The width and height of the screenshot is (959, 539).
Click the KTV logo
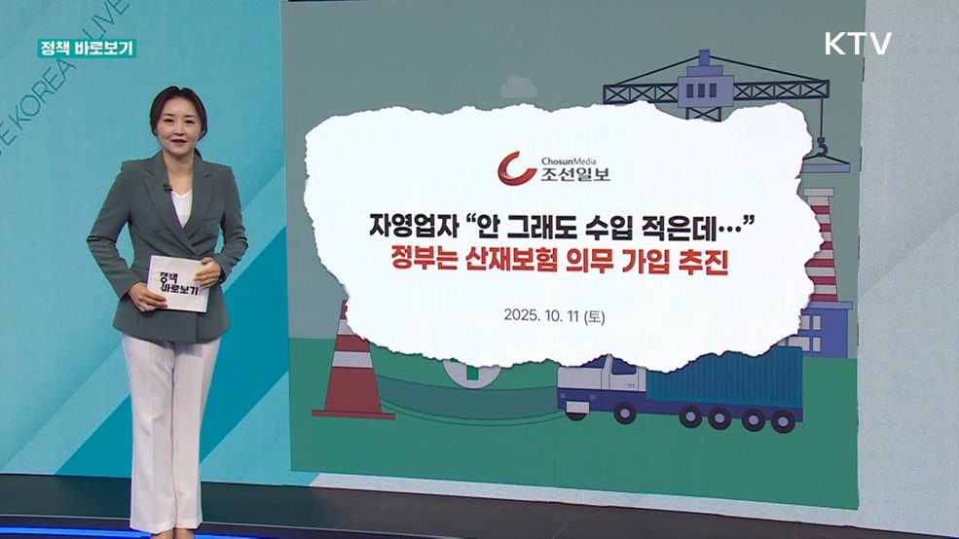(858, 44)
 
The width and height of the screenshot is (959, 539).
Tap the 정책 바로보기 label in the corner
(87, 48)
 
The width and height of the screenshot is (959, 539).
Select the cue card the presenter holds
(178, 283)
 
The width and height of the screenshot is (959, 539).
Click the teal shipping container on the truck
(725, 375)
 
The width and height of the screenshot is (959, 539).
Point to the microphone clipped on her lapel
(167, 188)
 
